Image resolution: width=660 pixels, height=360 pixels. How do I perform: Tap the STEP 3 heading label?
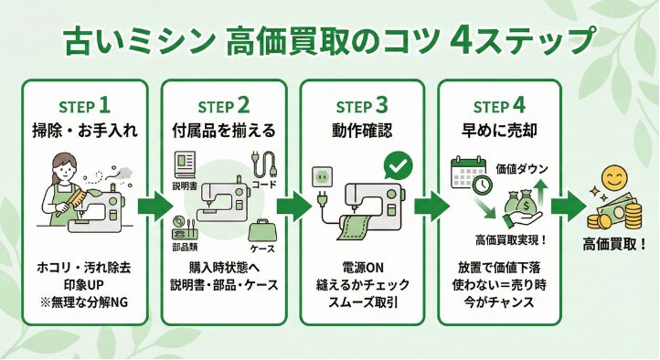361,103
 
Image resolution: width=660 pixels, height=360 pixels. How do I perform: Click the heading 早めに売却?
501,129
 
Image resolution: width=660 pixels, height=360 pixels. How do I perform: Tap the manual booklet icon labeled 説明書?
186,164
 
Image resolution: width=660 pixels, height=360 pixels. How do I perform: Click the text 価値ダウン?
520,168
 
